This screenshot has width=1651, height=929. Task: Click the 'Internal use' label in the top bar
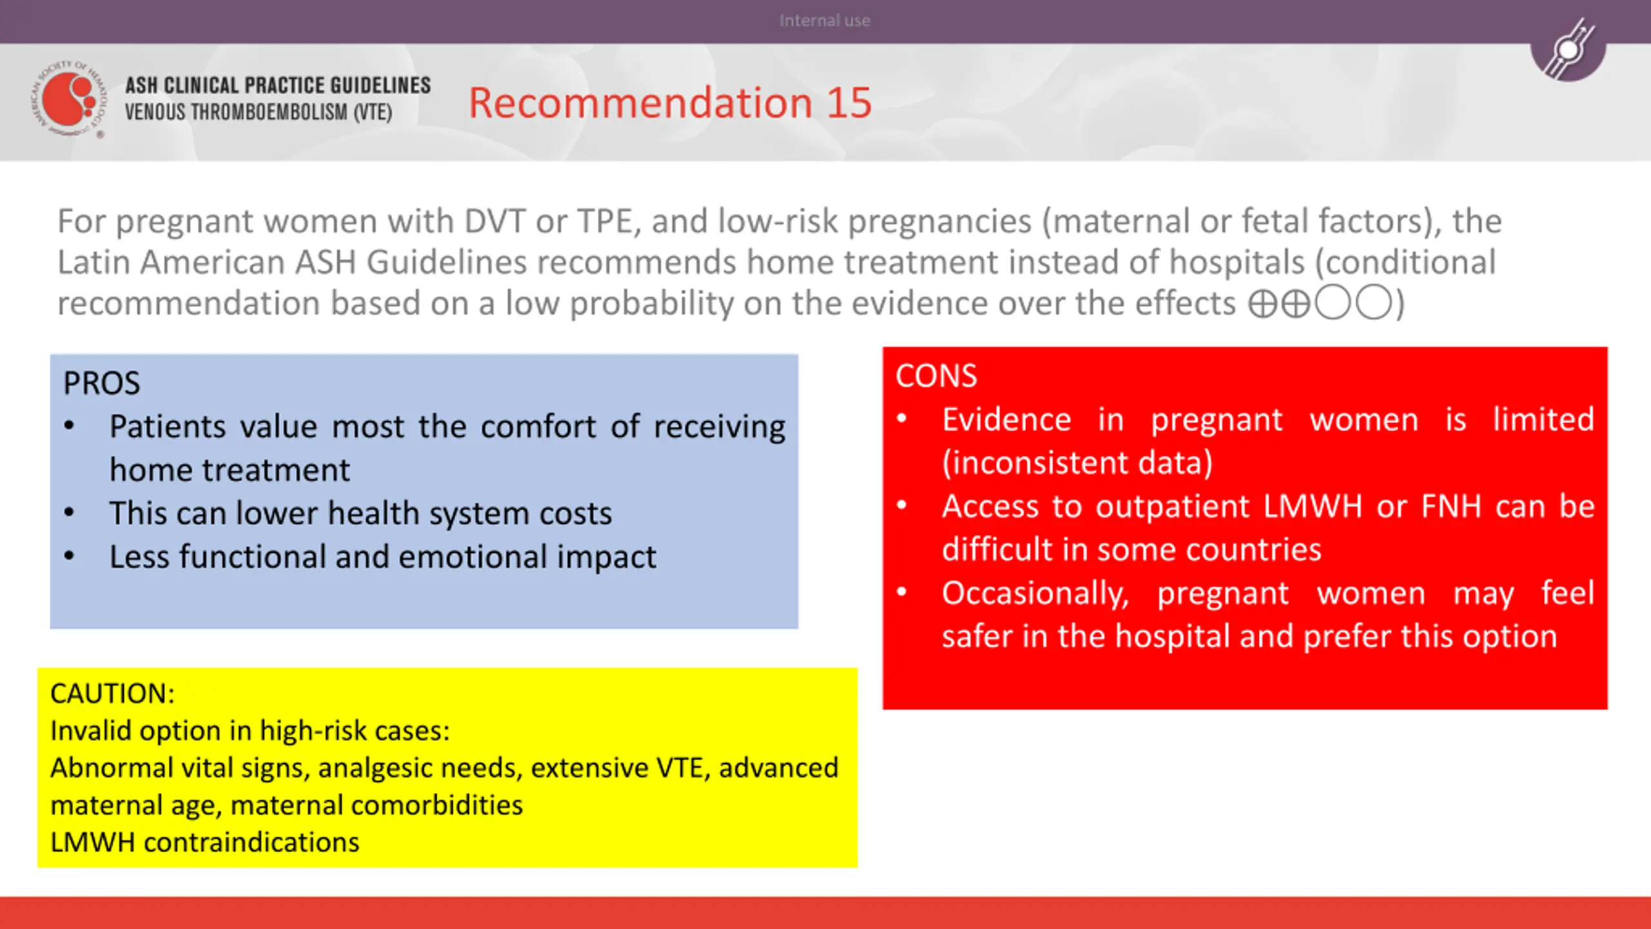(825, 21)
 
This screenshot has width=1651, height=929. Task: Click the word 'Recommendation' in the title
(640, 103)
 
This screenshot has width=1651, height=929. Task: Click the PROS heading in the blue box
(101, 383)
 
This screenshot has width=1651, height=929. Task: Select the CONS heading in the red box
(936, 376)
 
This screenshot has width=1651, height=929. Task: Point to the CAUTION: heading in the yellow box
(112, 694)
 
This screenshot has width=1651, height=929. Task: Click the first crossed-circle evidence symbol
(1263, 303)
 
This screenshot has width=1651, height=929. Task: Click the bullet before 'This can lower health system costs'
(70, 513)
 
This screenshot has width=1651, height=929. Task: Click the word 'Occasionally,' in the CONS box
(1035, 594)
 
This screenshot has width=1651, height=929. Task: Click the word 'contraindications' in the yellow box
(252, 843)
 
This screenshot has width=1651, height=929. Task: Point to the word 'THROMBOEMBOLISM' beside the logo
(269, 112)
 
